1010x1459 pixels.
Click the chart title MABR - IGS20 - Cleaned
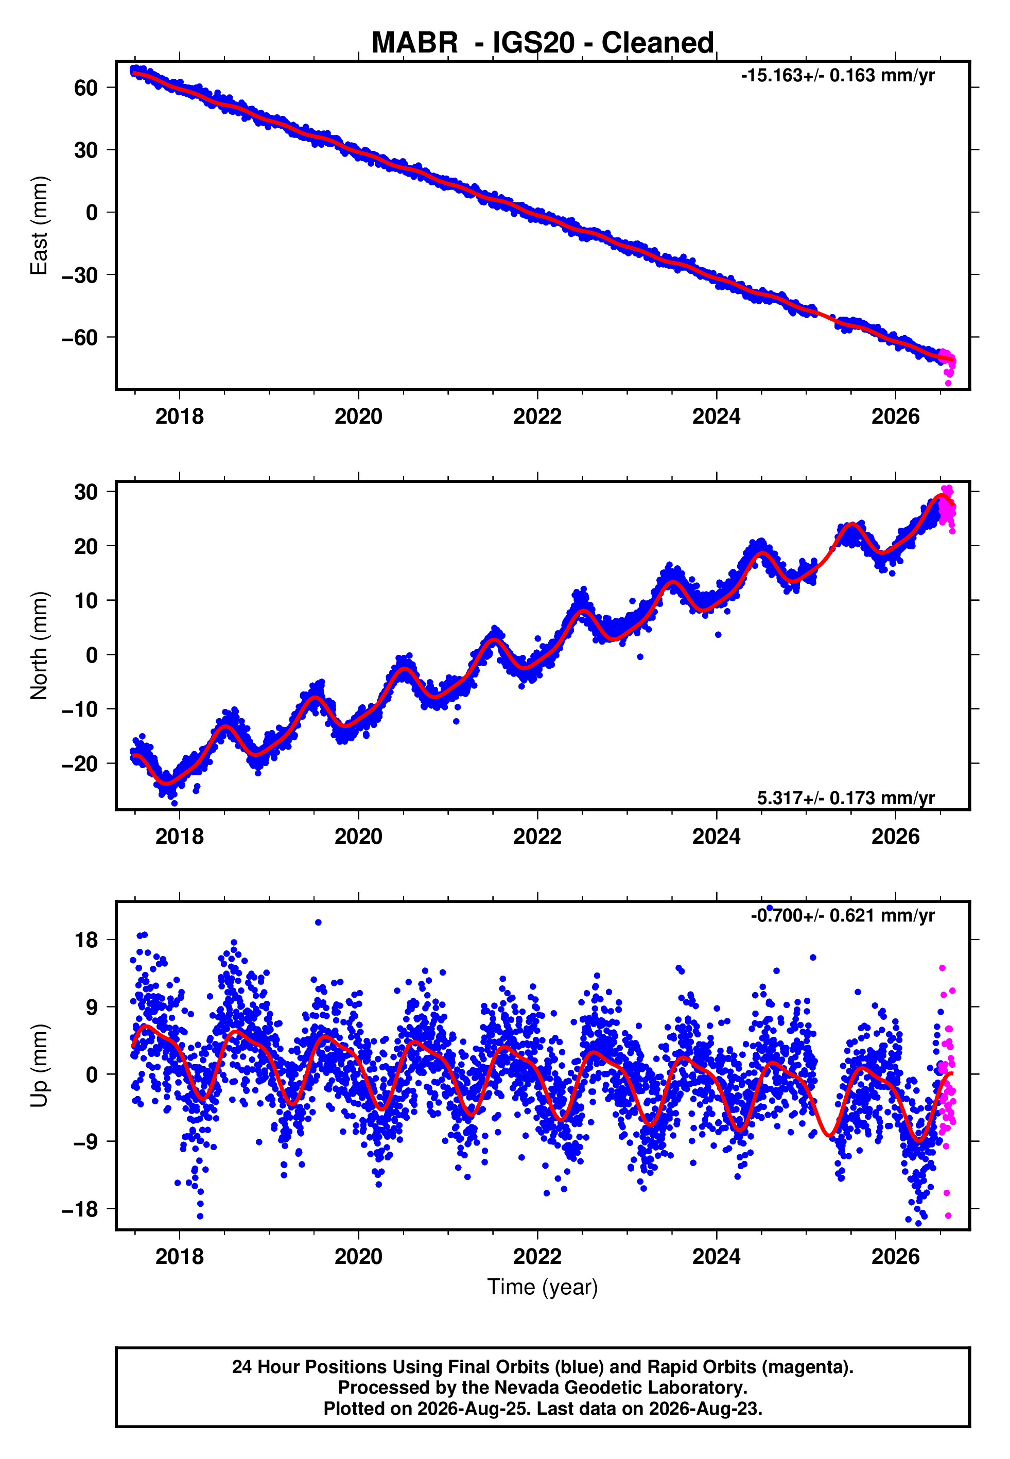point(543,43)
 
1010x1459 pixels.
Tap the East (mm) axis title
point(39,226)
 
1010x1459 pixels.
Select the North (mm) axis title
point(39,646)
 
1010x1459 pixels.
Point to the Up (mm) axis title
point(39,1066)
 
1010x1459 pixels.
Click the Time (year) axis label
point(543,1287)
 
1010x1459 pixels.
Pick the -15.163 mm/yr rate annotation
point(838,76)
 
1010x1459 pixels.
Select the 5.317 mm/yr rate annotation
point(846,798)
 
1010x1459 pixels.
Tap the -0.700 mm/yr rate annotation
point(843,915)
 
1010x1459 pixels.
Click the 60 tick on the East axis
point(86,88)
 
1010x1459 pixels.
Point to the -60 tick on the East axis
point(80,338)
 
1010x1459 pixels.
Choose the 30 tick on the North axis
point(86,492)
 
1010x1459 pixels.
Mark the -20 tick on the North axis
point(80,763)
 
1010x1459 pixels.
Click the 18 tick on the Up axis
point(86,940)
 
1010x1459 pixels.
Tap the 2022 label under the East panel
point(537,417)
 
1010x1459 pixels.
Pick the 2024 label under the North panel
point(717,837)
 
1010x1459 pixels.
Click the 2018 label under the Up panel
point(180,1257)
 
